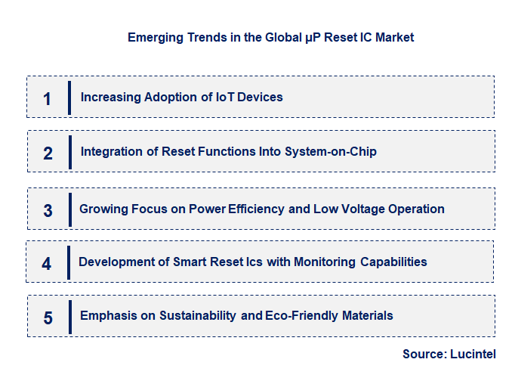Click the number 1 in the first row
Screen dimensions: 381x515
(x=47, y=98)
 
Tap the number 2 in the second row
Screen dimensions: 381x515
(x=48, y=153)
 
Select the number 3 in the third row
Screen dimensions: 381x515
(x=48, y=210)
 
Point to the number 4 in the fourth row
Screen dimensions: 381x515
(x=47, y=264)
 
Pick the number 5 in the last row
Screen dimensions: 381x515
(x=48, y=317)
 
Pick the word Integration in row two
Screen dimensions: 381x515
(x=110, y=152)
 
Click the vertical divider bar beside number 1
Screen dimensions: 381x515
(x=69, y=98)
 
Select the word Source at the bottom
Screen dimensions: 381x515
(x=424, y=354)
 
